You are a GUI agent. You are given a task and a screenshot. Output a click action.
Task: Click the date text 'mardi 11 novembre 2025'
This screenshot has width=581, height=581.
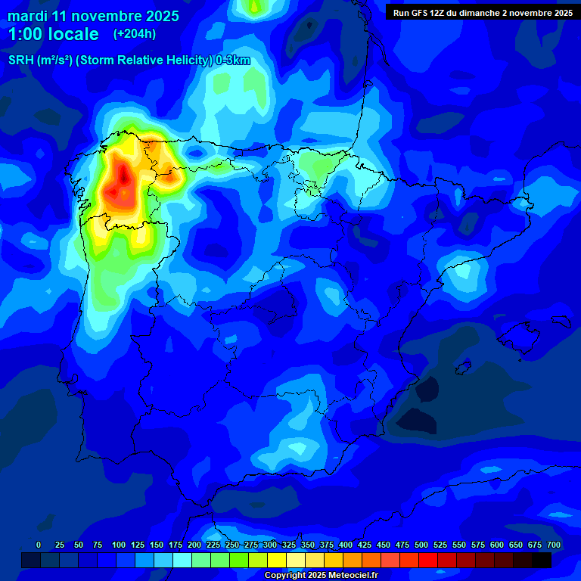[x=93, y=16]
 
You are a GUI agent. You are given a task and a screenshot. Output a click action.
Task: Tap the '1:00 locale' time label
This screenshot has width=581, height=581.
[x=53, y=34]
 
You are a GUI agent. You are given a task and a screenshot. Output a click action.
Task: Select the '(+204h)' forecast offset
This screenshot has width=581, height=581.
[x=135, y=34]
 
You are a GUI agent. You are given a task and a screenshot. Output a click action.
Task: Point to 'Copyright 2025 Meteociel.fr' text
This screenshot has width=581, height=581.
[x=321, y=575]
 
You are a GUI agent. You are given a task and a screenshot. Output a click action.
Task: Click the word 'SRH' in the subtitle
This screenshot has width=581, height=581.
[x=20, y=61]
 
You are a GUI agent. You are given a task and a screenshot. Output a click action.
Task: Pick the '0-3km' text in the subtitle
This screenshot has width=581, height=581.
[x=233, y=61]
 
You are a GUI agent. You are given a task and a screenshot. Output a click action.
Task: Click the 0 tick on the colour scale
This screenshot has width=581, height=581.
[x=39, y=545]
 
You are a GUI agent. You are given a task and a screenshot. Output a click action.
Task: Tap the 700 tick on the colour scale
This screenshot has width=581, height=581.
[x=553, y=545]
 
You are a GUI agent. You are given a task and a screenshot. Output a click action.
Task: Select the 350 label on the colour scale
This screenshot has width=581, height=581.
[x=308, y=545]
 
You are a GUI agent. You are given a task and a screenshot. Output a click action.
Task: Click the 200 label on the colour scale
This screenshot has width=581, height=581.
[x=194, y=545]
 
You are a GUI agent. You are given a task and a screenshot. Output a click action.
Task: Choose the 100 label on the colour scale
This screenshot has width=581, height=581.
[x=119, y=545]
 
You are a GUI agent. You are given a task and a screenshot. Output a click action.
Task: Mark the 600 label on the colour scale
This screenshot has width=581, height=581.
[x=497, y=545]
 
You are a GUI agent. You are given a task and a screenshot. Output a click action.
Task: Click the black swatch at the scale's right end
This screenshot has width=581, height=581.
[x=542, y=561]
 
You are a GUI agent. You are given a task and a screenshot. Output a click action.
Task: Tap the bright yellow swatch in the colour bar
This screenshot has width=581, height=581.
[x=277, y=561]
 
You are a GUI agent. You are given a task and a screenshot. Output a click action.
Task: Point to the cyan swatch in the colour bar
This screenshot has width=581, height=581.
[x=182, y=561]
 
